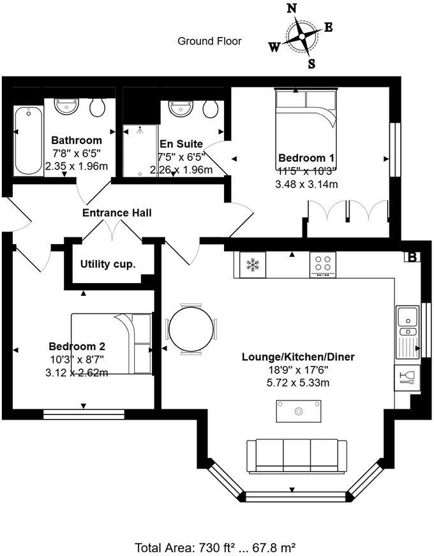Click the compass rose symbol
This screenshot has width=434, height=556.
click(x=301, y=36)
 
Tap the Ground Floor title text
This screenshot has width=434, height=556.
click(x=209, y=41)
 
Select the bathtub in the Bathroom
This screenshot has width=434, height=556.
click(x=28, y=140)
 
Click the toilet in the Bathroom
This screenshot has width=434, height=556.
click(x=98, y=107)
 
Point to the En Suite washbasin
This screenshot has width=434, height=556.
click(x=181, y=108)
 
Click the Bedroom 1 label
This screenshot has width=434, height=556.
click(x=307, y=158)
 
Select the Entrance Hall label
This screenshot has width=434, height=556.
click(x=117, y=212)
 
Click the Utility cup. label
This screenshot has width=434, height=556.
click(x=108, y=263)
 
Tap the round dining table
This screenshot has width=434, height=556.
click(x=191, y=329)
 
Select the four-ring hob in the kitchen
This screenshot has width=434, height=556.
click(x=324, y=264)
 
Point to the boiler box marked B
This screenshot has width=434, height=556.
click(x=412, y=257)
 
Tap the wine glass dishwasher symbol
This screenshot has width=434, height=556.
click(x=405, y=379)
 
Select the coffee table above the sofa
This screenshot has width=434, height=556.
click(x=298, y=411)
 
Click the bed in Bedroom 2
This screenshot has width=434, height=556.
click(x=112, y=344)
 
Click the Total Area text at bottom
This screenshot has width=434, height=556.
click(x=214, y=547)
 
